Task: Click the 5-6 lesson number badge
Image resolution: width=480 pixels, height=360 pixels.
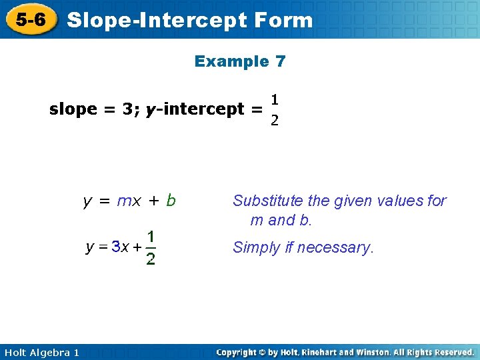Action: pyautogui.click(x=30, y=20)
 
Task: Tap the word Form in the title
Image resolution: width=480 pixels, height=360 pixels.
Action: pyautogui.click(x=283, y=20)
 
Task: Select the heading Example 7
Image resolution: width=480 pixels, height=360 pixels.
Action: pyautogui.click(x=240, y=61)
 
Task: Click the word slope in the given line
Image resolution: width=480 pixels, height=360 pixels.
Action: pyautogui.click(x=73, y=109)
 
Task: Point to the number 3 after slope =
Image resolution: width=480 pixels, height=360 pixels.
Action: pyautogui.click(x=127, y=109)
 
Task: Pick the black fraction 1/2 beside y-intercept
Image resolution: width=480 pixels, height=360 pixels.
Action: pyautogui.click(x=274, y=110)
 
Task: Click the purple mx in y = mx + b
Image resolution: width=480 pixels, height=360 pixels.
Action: pyautogui.click(x=129, y=201)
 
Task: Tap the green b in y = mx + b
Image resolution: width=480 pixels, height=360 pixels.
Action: pyautogui.click(x=171, y=200)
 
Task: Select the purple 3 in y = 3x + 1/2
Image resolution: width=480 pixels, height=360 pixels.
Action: pyautogui.click(x=115, y=247)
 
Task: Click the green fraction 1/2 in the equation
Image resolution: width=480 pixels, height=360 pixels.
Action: pyautogui.click(x=151, y=247)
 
